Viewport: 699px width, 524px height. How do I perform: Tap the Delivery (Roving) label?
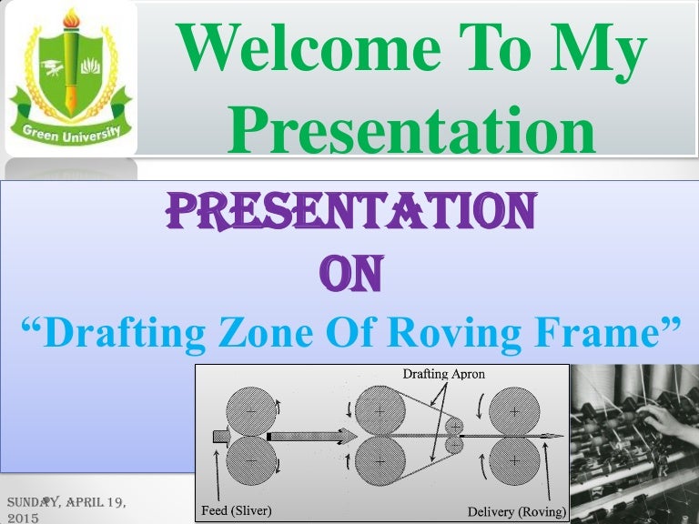pyautogui.click(x=516, y=511)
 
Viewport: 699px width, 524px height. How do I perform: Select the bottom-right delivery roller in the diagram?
pyautogui.click(x=515, y=462)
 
